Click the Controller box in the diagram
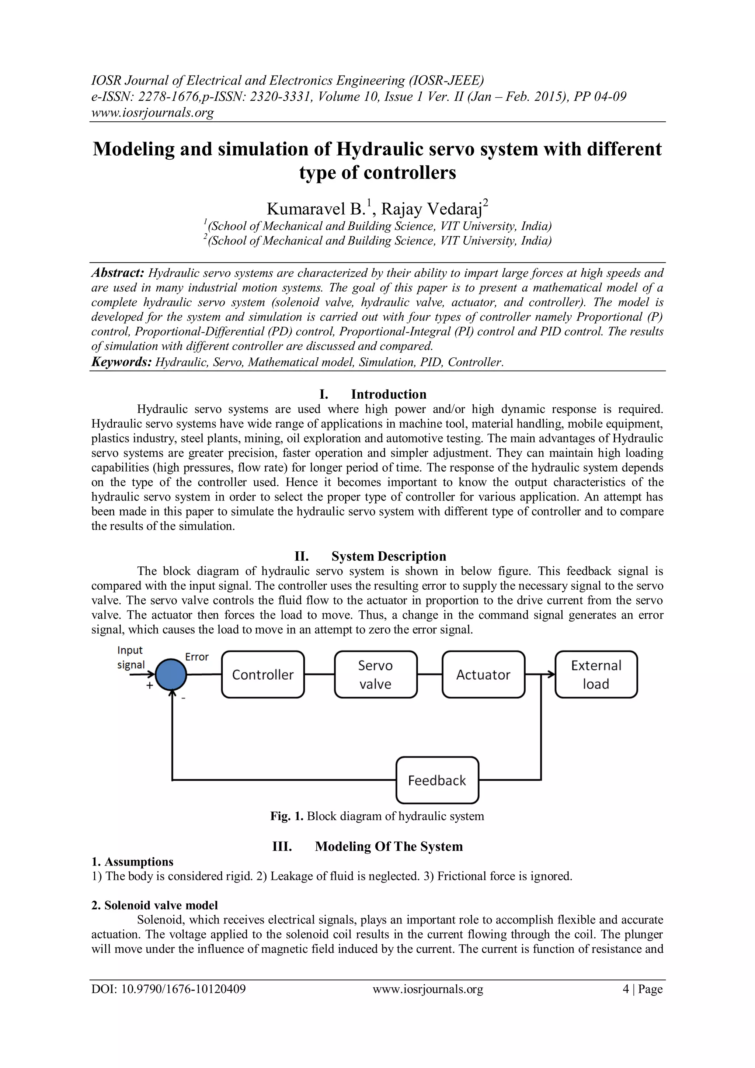(263, 675)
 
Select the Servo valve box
(375, 675)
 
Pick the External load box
(596, 675)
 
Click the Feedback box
(437, 780)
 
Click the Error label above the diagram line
(196, 657)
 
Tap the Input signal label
(131, 657)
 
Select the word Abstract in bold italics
(118, 273)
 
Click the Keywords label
(121, 362)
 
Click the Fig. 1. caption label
(287, 816)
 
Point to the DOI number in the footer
(168, 989)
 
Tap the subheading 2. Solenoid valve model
(154, 905)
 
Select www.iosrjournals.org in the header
(153, 112)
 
